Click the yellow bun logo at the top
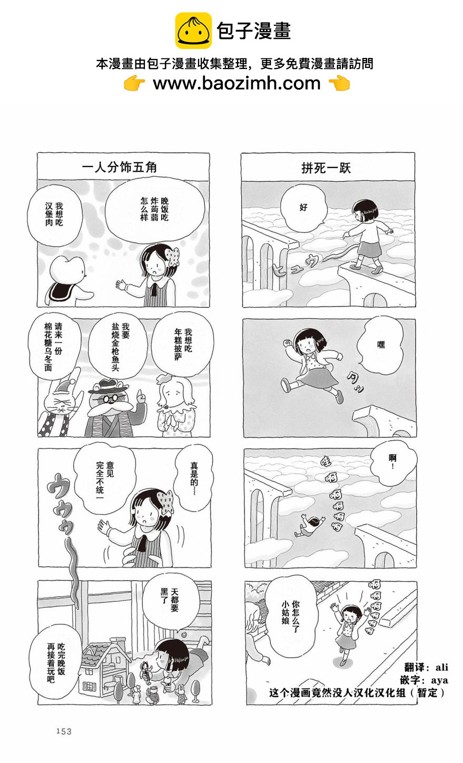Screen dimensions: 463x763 (193, 31)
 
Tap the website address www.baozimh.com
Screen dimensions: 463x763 (237, 83)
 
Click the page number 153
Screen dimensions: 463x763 (64, 731)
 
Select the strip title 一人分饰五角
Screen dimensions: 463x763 (119, 167)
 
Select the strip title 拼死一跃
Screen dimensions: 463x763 (326, 168)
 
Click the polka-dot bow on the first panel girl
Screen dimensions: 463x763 (173, 257)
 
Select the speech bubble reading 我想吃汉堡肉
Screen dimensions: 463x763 (54, 214)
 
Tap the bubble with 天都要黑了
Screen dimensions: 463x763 (170, 600)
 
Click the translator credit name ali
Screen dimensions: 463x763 (441, 667)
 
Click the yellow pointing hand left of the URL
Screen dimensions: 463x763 (134, 84)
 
